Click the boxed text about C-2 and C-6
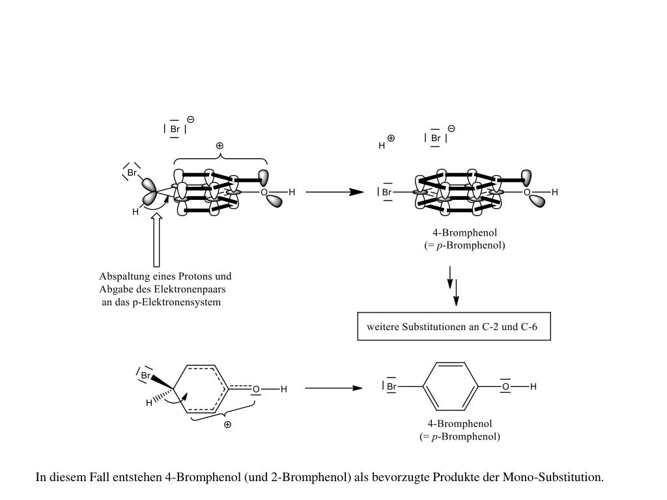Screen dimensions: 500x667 pyautogui.click(x=455, y=327)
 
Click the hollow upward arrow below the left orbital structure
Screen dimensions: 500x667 pyautogui.click(x=156, y=240)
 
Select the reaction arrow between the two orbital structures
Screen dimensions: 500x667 pyautogui.click(x=334, y=192)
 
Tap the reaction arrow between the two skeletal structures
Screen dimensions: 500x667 pyautogui.click(x=333, y=388)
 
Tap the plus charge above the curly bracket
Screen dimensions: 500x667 pyautogui.click(x=220, y=146)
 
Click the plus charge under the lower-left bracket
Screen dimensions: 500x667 pyautogui.click(x=227, y=424)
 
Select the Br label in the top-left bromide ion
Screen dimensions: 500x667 pyautogui.click(x=175, y=129)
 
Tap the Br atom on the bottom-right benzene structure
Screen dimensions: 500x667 pyautogui.click(x=391, y=387)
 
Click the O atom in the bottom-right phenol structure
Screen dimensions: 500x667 pyautogui.click(x=505, y=387)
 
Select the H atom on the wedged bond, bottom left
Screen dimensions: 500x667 pyautogui.click(x=149, y=404)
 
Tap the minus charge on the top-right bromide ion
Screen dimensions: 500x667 pyautogui.click(x=451, y=128)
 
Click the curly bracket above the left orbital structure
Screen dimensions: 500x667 pyautogui.click(x=220, y=159)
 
